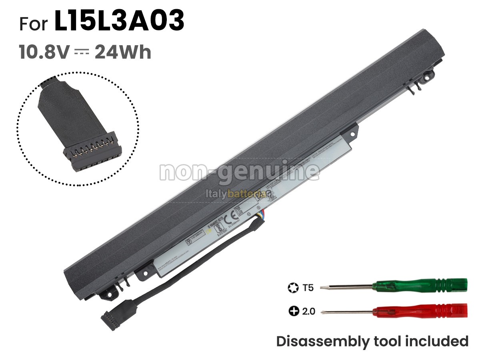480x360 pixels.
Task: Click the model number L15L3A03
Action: click(119, 22)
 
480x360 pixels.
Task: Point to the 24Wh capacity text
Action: click(123, 52)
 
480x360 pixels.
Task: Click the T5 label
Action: click(308, 287)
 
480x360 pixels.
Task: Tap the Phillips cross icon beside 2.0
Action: click(293, 311)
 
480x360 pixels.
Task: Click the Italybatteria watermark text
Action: click(236, 194)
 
